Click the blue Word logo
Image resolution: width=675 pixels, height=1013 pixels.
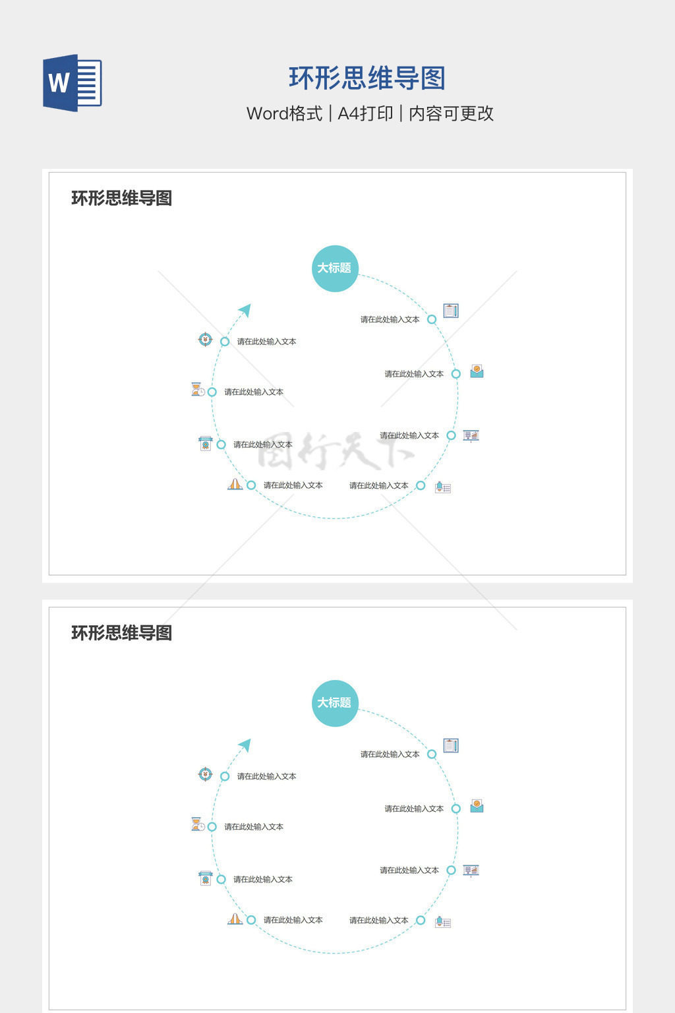pos(72,83)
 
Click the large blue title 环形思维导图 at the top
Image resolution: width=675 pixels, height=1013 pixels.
pos(367,78)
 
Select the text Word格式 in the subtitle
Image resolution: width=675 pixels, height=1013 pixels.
pos(284,113)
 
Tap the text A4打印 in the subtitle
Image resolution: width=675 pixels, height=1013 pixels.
pos(365,113)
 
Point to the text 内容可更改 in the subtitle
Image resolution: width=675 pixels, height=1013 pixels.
pos(452,113)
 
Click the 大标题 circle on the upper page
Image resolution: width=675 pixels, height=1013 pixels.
pos(335,268)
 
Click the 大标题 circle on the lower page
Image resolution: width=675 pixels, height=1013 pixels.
pos(335,703)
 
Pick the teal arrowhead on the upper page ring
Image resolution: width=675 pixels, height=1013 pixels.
pos(245,310)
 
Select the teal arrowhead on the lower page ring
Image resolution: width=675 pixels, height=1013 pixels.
pos(245,745)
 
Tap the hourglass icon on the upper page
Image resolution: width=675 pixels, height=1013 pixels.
pos(198,390)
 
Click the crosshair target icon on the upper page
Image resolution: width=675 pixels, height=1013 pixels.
pos(206,340)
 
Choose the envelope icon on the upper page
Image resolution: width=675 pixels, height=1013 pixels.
pos(477,371)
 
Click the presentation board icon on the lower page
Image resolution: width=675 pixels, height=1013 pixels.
pos(471,871)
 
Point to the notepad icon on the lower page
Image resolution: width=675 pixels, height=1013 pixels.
pos(451,746)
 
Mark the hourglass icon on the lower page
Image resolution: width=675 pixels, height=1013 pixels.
pos(198,824)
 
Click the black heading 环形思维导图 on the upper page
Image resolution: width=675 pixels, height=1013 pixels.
pos(122,198)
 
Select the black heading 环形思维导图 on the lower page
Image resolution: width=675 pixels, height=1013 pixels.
pos(122,633)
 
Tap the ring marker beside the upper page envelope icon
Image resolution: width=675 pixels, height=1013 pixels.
pos(455,374)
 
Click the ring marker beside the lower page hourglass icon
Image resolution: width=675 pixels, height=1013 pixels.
pos(212,827)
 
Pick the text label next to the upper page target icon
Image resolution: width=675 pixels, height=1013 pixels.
pos(266,342)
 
